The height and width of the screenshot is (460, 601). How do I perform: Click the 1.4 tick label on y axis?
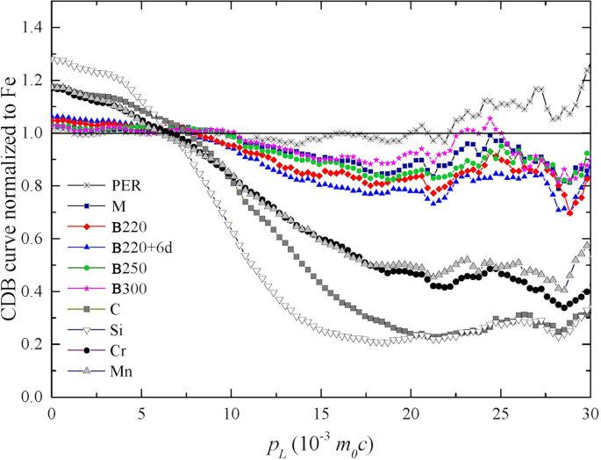[32, 29]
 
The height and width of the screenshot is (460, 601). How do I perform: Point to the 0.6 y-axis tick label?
[32, 239]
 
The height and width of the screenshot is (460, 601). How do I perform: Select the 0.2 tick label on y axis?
[32, 344]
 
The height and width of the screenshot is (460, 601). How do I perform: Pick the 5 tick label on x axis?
[142, 413]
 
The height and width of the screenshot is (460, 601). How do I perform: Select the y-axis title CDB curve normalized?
[11, 211]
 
